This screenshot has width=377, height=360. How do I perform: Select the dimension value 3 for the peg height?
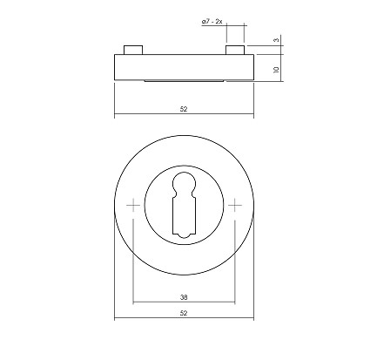point(276,39)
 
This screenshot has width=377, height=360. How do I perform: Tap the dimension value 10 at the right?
point(276,67)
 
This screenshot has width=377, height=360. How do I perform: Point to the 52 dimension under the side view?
point(184,110)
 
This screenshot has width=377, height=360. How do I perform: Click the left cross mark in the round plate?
point(132,206)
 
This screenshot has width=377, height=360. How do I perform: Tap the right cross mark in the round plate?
point(235,206)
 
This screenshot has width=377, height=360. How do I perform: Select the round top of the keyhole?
point(184,185)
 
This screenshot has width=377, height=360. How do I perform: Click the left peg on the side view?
point(131,49)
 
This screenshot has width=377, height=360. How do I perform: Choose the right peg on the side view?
point(234,49)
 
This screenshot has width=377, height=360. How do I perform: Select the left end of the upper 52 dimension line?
point(115,116)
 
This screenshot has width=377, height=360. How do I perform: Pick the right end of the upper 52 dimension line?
point(253,116)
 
